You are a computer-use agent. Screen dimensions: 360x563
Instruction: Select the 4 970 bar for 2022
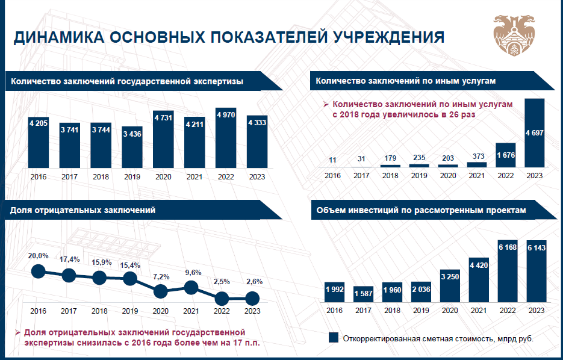pos(226,138)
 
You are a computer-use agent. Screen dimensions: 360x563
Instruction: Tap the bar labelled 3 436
pos(132,147)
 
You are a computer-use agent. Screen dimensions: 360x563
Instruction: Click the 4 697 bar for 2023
pos(535,132)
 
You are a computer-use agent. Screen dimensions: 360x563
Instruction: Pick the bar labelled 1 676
pos(506,155)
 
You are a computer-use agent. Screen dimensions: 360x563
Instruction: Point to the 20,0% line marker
pos(38,272)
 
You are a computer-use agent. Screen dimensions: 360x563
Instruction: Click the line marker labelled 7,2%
pos(161,291)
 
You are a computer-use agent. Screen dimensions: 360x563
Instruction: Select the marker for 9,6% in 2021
pos(191,287)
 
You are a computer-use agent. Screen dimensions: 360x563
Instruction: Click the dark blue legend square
pos(333,338)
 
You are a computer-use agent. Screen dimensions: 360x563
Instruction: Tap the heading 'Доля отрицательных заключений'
pos(83,210)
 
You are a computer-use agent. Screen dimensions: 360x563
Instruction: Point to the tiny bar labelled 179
pos(391,166)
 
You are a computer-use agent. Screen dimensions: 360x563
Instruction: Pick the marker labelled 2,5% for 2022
pos(222,298)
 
